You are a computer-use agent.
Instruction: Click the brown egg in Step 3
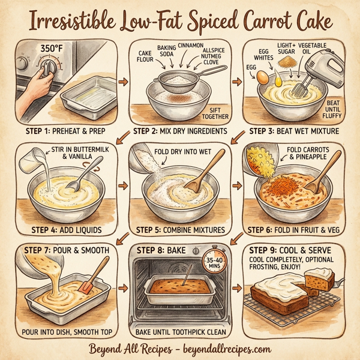pos(262,77)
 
